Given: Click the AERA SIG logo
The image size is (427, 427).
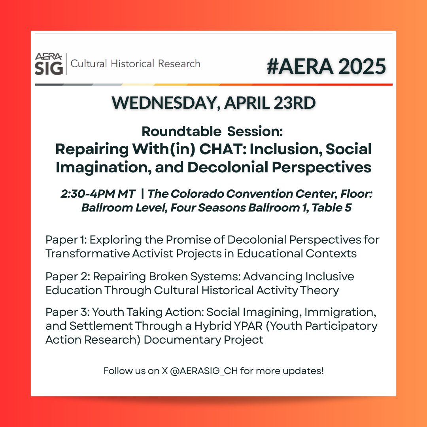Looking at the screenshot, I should (x=49, y=64).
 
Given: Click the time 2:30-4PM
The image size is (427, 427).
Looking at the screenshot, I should (x=85, y=194).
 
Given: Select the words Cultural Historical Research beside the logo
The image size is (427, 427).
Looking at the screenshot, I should (x=135, y=63).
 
